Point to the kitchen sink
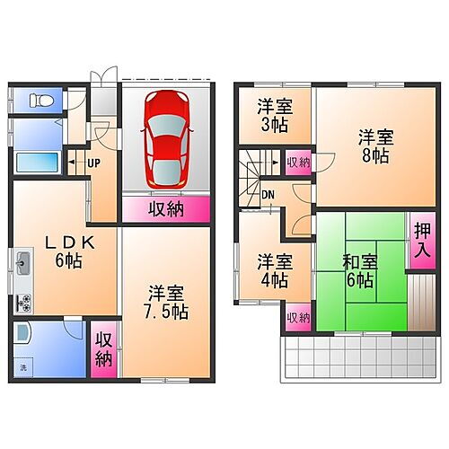click(x=22, y=263)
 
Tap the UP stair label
click(x=92, y=163)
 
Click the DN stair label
click(x=268, y=194)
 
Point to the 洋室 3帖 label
click(x=275, y=115)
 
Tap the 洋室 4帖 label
click(x=275, y=271)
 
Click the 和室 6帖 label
click(x=359, y=271)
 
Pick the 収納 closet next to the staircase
click(x=297, y=163)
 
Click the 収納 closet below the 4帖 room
click(x=297, y=318)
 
